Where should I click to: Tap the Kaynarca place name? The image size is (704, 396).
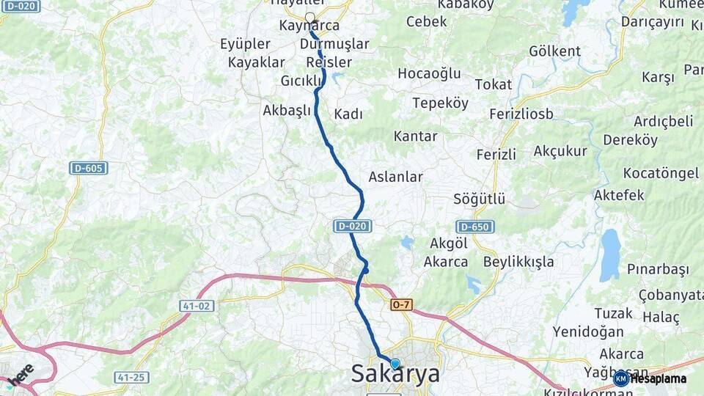[309, 26]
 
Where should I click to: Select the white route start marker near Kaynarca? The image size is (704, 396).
[309, 18]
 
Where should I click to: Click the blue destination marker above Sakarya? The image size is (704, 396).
[395, 364]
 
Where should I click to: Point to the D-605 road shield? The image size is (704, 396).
[89, 168]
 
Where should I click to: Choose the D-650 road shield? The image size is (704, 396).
[474, 227]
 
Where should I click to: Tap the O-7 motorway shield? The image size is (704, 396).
[401, 304]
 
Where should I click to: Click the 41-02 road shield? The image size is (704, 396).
[197, 305]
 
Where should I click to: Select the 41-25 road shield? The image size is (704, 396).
[131, 377]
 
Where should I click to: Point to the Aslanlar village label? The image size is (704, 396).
[395, 177]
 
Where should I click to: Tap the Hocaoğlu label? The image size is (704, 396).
[429, 73]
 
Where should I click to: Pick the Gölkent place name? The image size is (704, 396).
[554, 51]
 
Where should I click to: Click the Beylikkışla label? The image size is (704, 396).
[518, 262]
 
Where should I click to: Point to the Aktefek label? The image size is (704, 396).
[619, 195]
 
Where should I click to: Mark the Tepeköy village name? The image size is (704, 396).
[440, 103]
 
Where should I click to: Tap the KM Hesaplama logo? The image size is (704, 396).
[650, 378]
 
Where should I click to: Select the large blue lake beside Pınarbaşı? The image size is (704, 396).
[609, 255]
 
